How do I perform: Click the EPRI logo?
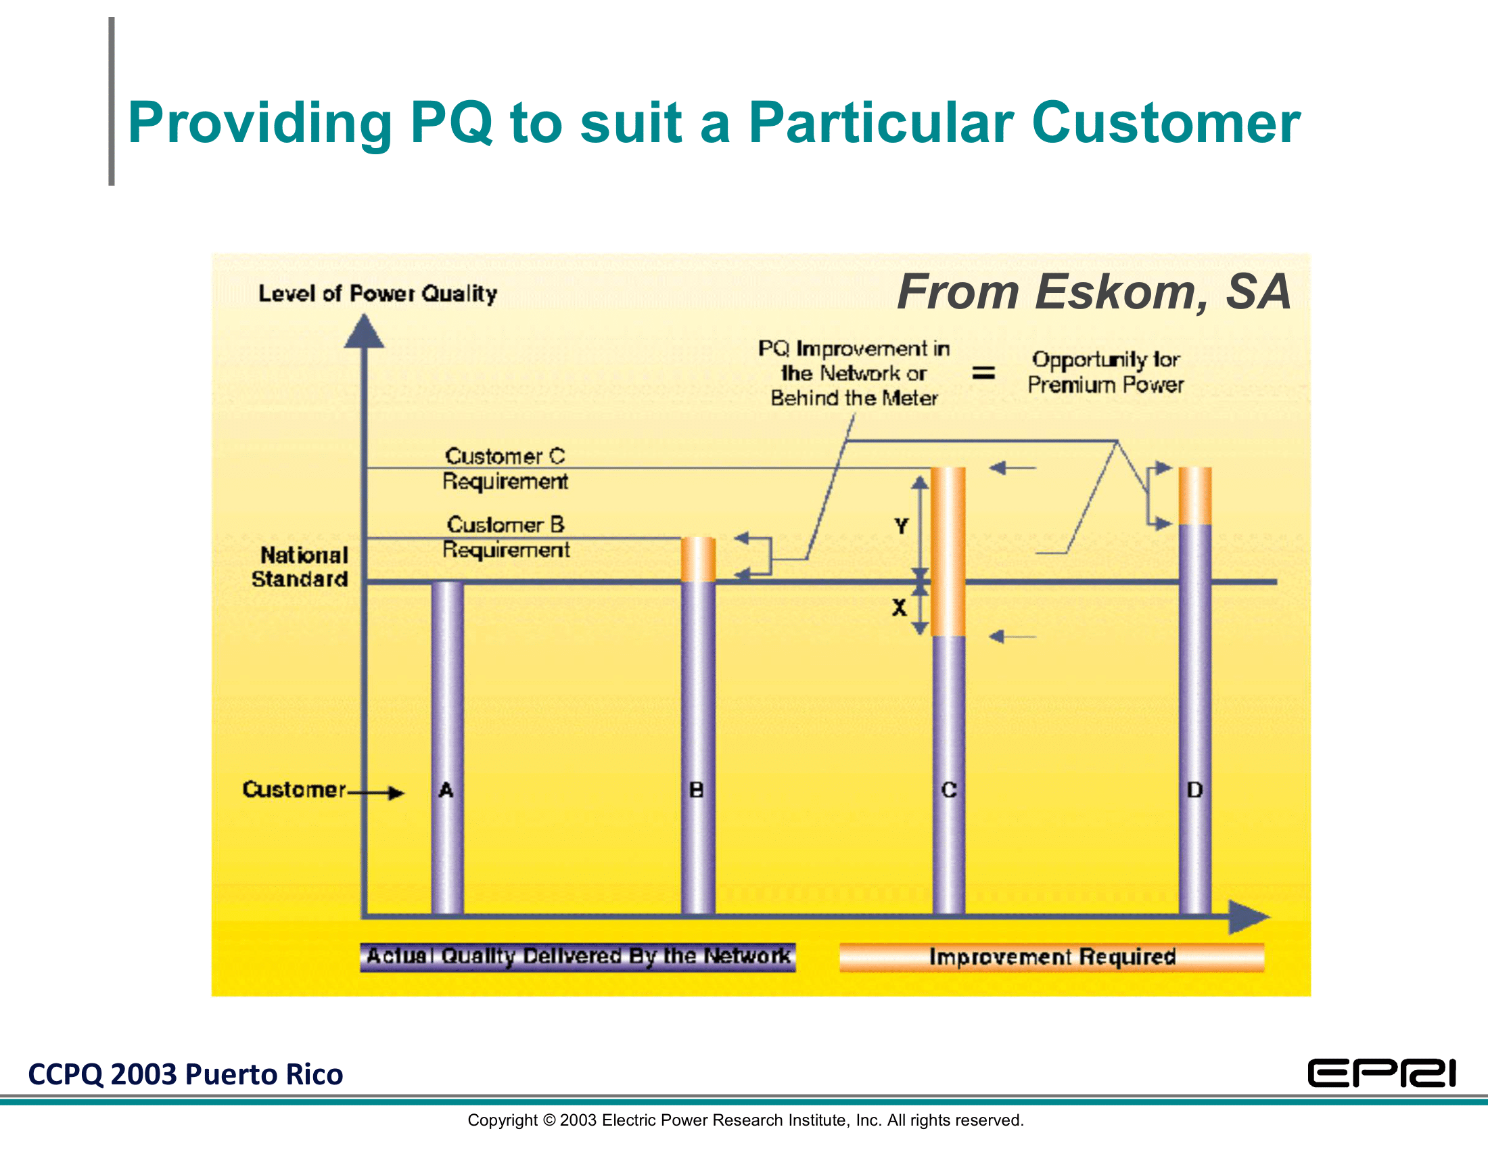[x=1381, y=1073]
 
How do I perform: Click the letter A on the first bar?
[x=446, y=790]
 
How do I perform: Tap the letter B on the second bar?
[x=696, y=790]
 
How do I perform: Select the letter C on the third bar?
[x=949, y=790]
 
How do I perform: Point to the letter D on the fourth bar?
[x=1195, y=790]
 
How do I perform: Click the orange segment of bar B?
[x=699, y=559]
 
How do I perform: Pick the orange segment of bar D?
[x=1195, y=496]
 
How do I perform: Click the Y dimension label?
[x=902, y=526]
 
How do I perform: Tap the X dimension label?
[x=900, y=607]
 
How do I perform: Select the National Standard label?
[x=301, y=567]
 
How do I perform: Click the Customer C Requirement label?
[x=505, y=469]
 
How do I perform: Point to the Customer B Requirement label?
[x=505, y=537]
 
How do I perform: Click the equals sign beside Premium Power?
[x=983, y=373]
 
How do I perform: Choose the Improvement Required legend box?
[x=1052, y=957]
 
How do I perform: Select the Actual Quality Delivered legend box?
[x=578, y=957]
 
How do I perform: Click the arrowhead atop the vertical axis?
[x=365, y=331]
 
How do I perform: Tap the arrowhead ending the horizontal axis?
[x=1248, y=917]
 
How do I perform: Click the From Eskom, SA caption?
[x=1094, y=292]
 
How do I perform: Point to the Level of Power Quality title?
[x=377, y=294]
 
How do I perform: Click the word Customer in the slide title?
[x=1166, y=122]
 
